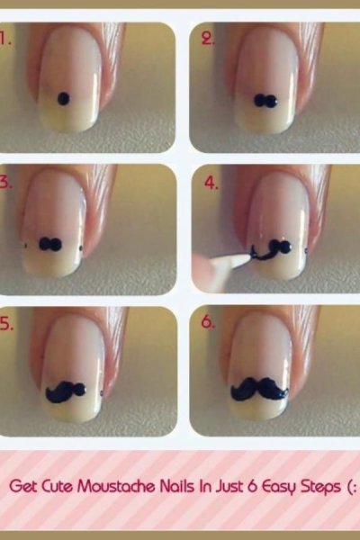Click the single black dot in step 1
[63, 99]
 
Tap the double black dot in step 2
[265, 100]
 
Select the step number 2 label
[208, 40]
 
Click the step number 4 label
[211, 183]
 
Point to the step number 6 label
[208, 321]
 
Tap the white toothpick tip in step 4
[247, 256]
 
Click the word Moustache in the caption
[117, 487]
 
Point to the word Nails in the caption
[176, 487]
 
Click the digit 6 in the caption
[253, 487]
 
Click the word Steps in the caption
[320, 488]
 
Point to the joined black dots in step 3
[50, 244]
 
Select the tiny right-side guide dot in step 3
[81, 247]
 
